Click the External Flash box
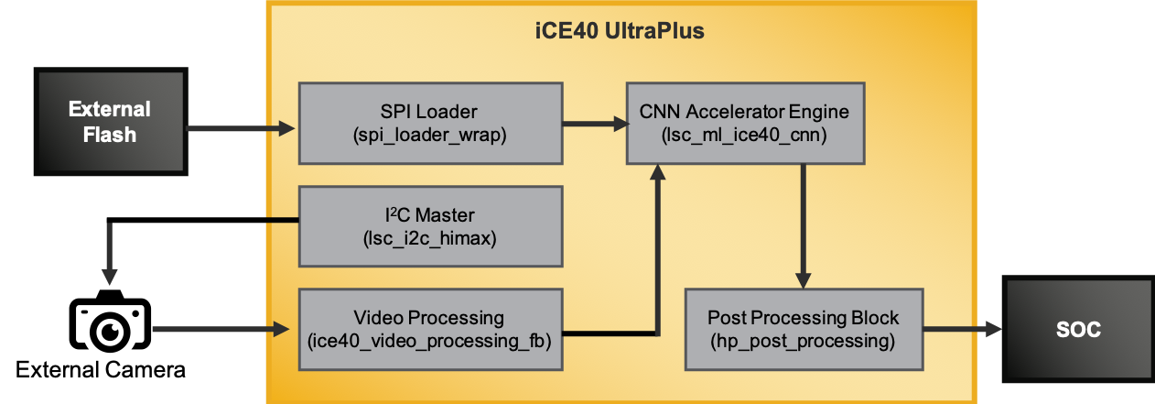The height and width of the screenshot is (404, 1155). point(110,123)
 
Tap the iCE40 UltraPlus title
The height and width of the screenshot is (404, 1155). point(619,31)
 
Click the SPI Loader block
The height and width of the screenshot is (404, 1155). point(431,123)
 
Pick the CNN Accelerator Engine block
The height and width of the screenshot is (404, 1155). point(745,123)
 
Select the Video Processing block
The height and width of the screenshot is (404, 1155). point(431,330)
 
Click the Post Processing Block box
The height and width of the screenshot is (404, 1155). point(803,330)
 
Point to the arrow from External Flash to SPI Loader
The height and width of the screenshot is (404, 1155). point(242,127)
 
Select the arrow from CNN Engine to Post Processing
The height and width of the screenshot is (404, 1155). point(803,224)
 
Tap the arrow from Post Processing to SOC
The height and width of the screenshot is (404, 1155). point(963,328)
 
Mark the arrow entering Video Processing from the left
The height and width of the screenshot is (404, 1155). point(220,328)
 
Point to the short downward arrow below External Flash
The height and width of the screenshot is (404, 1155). point(109,253)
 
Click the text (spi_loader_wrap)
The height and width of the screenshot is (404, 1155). point(430,135)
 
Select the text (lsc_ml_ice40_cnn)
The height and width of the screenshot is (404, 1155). point(745,135)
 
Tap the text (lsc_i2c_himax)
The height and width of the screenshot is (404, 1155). point(430,239)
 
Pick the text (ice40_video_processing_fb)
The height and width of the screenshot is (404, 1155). point(430,342)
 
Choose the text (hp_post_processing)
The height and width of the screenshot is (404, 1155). point(803,342)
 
